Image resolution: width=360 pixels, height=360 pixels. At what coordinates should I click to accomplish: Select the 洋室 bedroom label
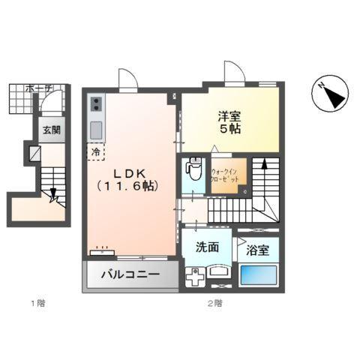point(229,122)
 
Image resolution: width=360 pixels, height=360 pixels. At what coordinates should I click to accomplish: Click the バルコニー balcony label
point(130,274)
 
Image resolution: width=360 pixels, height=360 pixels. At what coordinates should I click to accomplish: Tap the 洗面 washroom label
point(207,247)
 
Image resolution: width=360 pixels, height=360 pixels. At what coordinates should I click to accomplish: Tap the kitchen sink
point(97,130)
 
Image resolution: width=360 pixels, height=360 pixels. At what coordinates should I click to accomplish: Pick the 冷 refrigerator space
point(95,151)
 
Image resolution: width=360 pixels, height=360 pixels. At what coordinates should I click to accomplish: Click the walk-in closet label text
point(225,176)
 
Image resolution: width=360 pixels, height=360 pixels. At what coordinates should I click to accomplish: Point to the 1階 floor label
point(37,304)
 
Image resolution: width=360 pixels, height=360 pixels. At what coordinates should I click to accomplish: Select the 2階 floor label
point(214,304)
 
